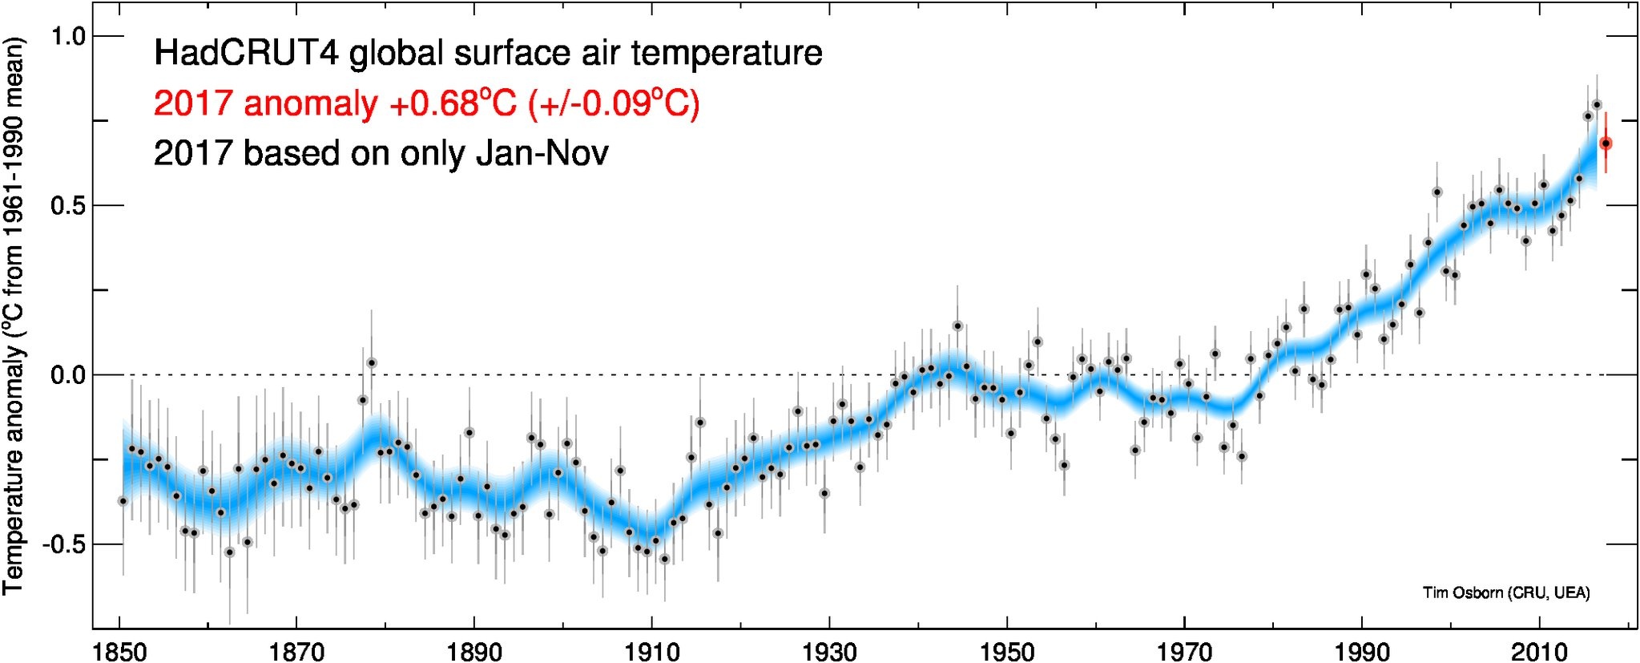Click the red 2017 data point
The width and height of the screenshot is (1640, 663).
pyautogui.click(x=1606, y=144)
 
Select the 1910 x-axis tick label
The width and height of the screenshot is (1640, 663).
pyautogui.click(x=652, y=651)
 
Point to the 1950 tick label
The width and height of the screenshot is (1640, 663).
pyautogui.click(x=1007, y=651)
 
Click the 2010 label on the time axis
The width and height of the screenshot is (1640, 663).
pyautogui.click(x=1539, y=651)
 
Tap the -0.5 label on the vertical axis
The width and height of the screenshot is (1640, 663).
pyautogui.click(x=67, y=544)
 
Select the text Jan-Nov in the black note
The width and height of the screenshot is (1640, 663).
pyautogui.click(x=542, y=153)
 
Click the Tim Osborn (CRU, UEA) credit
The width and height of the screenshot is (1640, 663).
pyautogui.click(x=1506, y=593)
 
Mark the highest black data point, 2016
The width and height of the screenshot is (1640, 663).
pyautogui.click(x=1596, y=104)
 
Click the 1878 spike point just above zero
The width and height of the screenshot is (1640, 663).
pyautogui.click(x=372, y=363)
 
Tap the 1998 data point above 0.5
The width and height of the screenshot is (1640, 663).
pyautogui.click(x=1437, y=192)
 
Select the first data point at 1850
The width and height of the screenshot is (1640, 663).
pyautogui.click(x=123, y=501)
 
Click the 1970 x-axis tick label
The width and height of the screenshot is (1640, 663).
pyautogui.click(x=1184, y=651)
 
